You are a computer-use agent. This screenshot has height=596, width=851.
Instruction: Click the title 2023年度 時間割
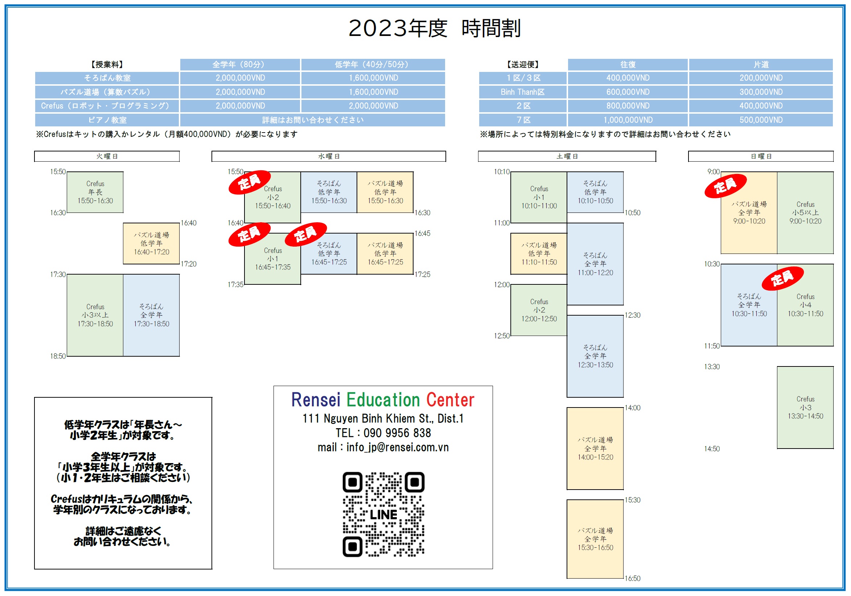(435, 28)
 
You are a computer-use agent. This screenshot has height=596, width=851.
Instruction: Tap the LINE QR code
(383, 514)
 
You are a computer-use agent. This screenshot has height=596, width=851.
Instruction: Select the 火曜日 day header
(107, 156)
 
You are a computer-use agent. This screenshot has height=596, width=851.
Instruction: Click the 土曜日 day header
(567, 156)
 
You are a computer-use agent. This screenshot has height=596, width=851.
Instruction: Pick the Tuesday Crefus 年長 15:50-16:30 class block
(95, 192)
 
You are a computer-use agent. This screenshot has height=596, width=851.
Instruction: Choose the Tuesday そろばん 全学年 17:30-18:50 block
(151, 315)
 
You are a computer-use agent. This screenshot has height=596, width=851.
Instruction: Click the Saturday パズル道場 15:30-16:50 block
(595, 539)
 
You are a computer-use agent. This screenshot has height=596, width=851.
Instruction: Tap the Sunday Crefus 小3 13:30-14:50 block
(805, 408)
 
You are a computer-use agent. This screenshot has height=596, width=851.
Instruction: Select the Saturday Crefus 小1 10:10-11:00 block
(539, 197)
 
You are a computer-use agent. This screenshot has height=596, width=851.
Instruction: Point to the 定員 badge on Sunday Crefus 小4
(782, 278)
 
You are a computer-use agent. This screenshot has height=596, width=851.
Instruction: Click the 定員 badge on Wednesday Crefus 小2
(249, 182)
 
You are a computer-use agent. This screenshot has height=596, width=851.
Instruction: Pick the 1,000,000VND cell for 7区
(628, 120)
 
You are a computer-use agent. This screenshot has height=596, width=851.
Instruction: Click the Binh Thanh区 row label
(523, 92)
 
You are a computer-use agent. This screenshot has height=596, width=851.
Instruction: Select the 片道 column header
(761, 65)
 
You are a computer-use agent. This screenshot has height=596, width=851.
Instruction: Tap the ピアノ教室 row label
(107, 120)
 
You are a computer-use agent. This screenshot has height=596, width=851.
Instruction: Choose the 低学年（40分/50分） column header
(373, 65)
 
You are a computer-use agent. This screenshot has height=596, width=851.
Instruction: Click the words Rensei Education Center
(383, 400)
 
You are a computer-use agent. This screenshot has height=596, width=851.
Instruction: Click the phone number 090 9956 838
(397, 433)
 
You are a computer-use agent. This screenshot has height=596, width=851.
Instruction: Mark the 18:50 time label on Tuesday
(58, 356)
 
